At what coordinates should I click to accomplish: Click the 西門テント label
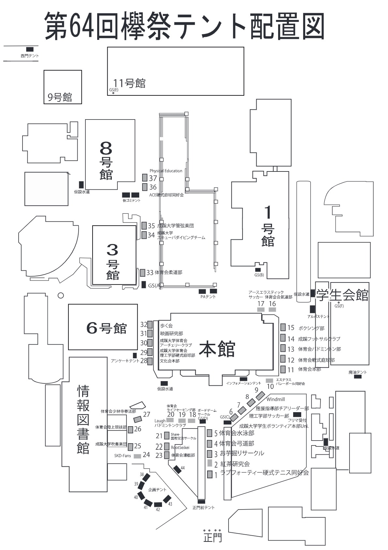[29, 56]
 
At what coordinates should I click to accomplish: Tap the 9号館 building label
[60, 97]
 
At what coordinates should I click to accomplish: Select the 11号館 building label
[129, 83]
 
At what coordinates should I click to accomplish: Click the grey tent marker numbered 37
[145, 178]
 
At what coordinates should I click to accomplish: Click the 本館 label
[217, 349]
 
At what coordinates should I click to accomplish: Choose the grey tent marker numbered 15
[283, 327]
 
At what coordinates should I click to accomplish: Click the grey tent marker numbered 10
[269, 380]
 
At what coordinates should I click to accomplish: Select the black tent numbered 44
[177, 469]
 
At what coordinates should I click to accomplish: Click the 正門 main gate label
[212, 537]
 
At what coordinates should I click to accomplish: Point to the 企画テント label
[157, 490]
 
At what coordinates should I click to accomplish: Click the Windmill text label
[276, 399]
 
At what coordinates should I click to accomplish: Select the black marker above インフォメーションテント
[244, 379]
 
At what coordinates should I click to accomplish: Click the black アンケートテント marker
[135, 355]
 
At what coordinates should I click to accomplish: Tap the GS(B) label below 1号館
[259, 275]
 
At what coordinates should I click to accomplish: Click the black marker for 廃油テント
[358, 377]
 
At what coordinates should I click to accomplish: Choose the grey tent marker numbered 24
[137, 456]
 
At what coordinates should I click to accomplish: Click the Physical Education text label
[166, 171]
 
